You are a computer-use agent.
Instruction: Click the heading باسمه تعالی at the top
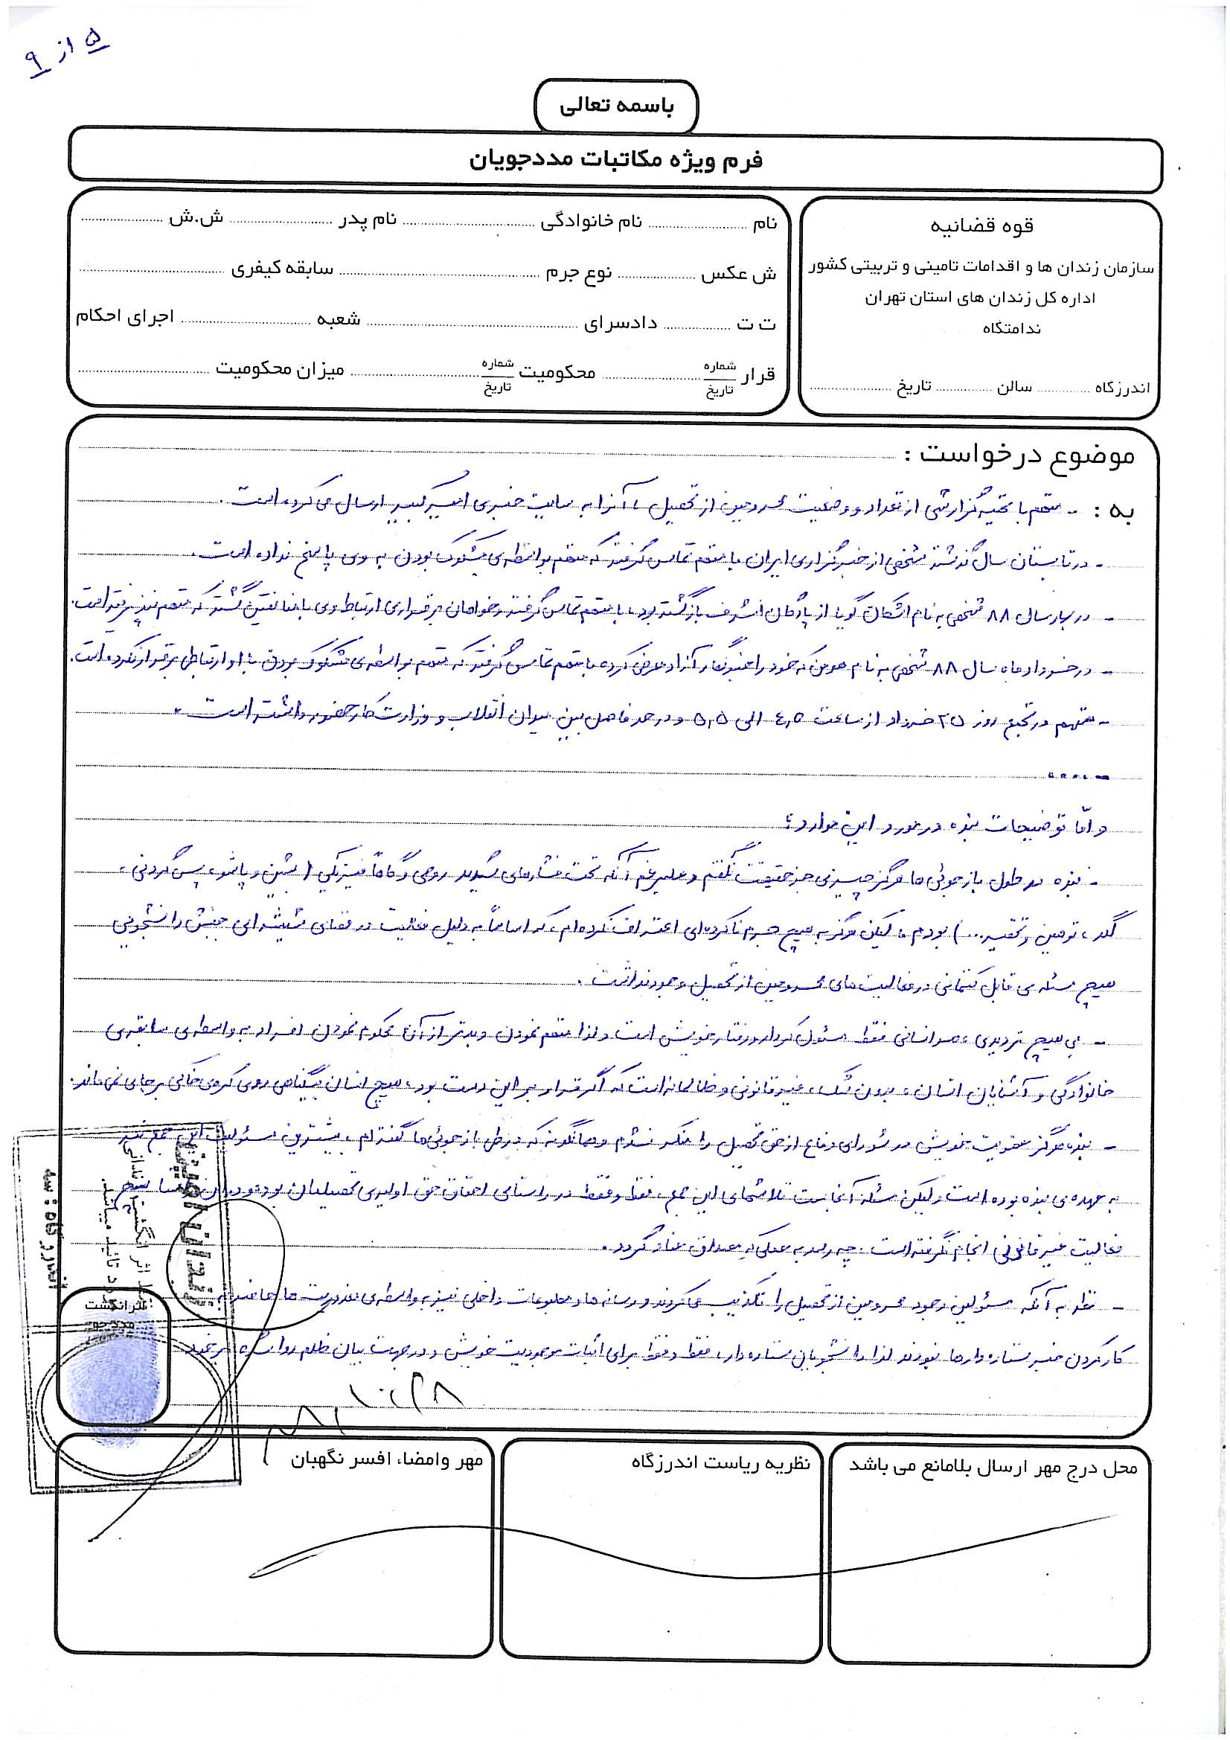pos(615,107)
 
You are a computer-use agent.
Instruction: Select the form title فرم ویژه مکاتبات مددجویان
pos(615,160)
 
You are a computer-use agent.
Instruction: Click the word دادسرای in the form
pos(621,324)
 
